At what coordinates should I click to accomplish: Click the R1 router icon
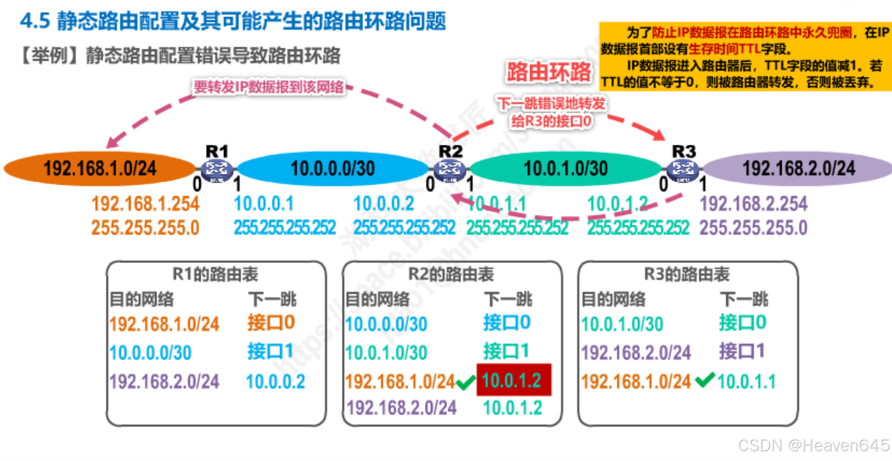tap(217, 170)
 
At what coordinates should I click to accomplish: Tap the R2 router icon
tap(450, 170)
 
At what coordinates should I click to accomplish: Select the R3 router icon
tap(683, 170)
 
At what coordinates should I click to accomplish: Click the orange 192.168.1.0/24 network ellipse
tap(100, 169)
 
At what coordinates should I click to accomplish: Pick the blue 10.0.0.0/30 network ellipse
tap(333, 169)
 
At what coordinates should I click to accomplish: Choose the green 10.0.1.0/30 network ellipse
tap(566, 169)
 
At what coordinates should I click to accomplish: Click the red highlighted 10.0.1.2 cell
tap(514, 380)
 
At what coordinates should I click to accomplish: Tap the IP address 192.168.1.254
tap(145, 204)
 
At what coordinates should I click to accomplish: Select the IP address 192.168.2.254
tap(754, 204)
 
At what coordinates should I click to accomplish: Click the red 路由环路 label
tap(549, 72)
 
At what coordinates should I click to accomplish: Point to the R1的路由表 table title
tap(215, 274)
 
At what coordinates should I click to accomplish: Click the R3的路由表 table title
tap(686, 274)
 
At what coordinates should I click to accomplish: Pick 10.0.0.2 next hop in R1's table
tap(275, 382)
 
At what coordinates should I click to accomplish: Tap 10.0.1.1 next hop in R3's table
tap(746, 382)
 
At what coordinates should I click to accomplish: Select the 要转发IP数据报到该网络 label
tap(269, 87)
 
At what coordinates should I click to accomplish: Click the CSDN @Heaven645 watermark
tap(813, 445)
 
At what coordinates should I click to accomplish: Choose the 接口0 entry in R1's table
tap(271, 322)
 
